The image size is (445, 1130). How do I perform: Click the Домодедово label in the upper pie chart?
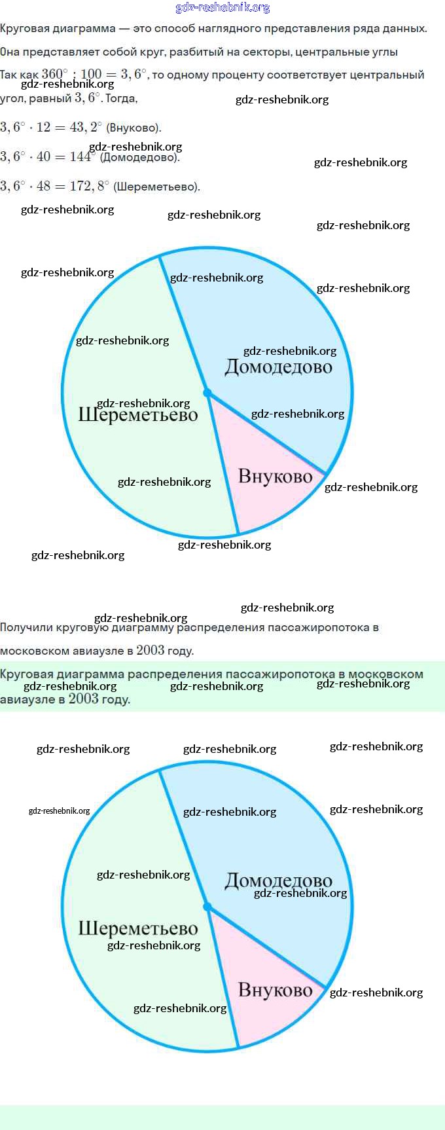pos(278,367)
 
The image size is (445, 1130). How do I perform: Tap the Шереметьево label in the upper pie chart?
pos(137,414)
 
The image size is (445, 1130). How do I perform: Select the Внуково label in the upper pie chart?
pos(275,476)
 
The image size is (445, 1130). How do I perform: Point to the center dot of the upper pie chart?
pos(207,393)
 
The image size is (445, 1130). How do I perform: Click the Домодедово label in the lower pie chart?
pos(278,881)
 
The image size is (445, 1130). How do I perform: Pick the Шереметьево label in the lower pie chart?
pos(137,928)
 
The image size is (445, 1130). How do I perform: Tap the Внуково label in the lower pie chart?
pos(275,990)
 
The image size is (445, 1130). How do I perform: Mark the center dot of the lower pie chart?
pos(207,907)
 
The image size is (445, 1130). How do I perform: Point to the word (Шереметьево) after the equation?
pos(156,187)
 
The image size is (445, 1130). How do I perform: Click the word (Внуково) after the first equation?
pos(133,128)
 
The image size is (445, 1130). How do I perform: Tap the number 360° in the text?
pos(54,75)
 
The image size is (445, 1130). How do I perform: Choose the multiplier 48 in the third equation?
pos(43,186)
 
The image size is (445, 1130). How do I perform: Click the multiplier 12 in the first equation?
pos(43,127)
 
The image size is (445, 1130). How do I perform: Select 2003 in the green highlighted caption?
pos(83,699)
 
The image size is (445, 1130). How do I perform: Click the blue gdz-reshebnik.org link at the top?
pos(222,7)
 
